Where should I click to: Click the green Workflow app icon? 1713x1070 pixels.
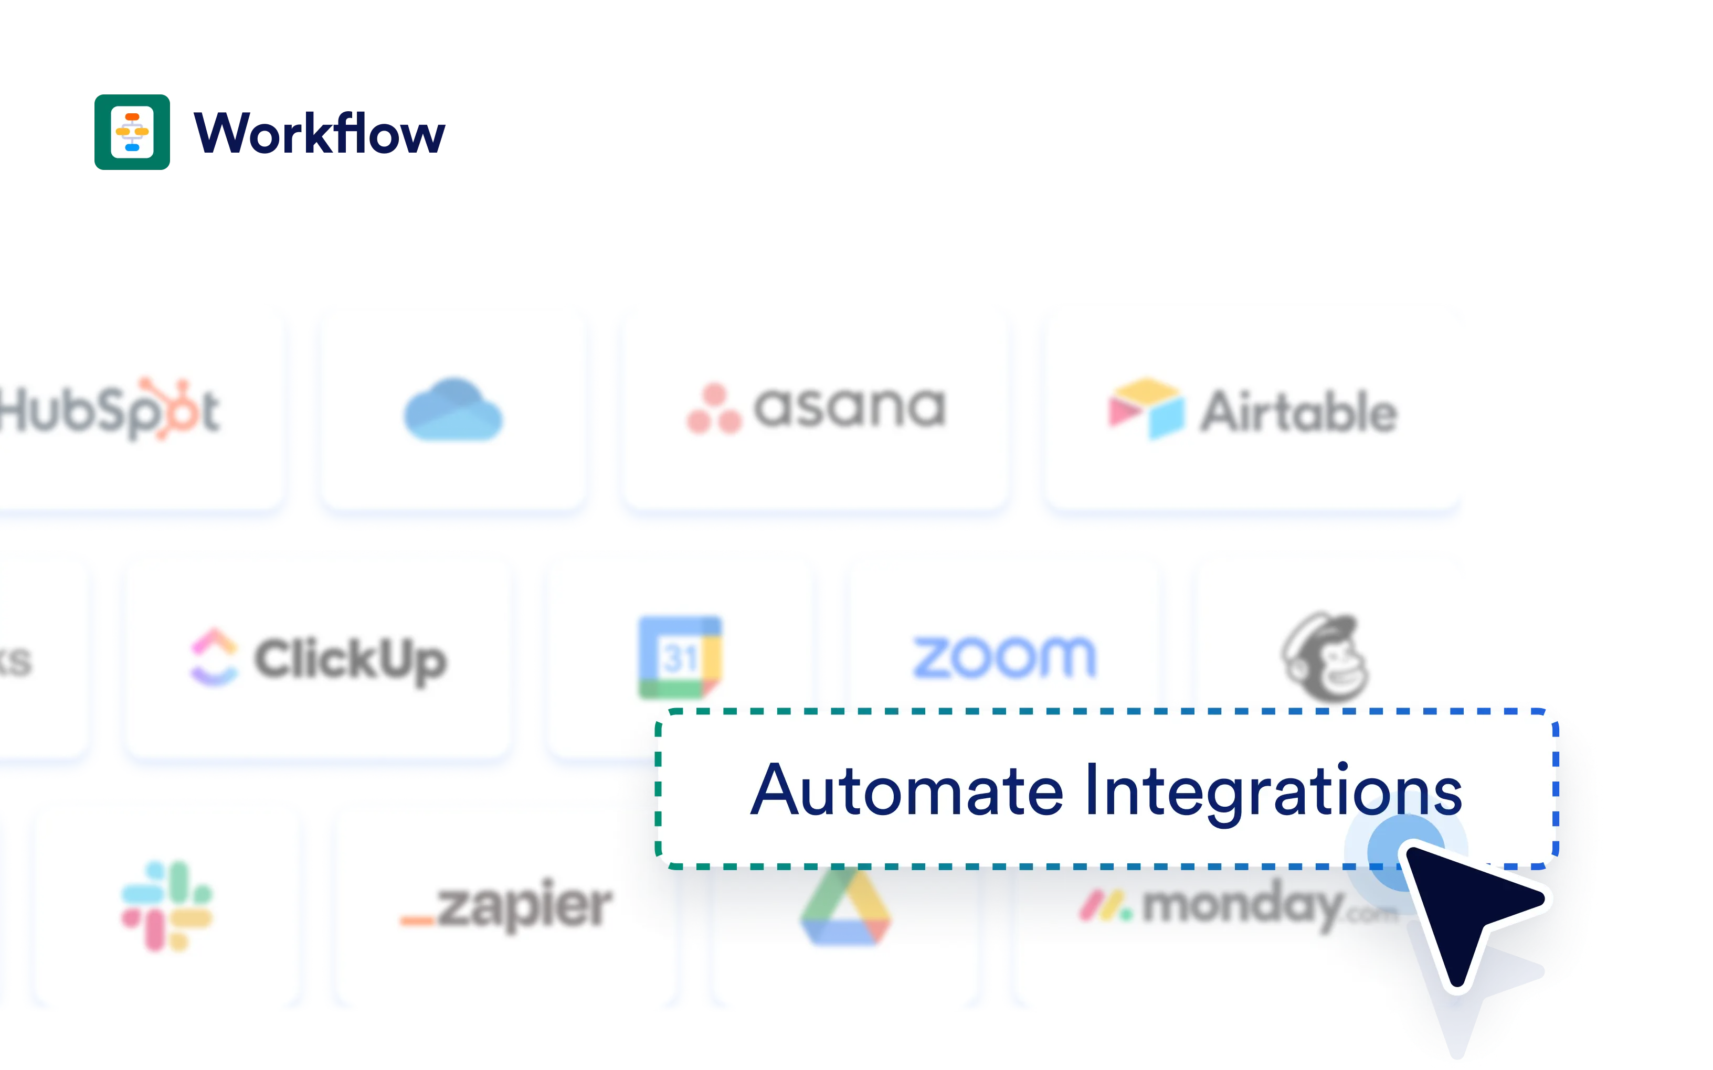[132, 132]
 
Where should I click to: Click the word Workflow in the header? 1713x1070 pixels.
[320, 133]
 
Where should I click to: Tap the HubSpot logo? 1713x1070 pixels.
[110, 410]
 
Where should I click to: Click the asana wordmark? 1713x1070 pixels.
[850, 408]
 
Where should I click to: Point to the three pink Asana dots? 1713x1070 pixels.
[714, 410]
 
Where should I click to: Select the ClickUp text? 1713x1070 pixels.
[351, 659]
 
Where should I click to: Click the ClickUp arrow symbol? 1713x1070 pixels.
[214, 657]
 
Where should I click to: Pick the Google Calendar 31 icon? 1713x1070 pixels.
[680, 657]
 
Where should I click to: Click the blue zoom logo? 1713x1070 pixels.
[1004, 657]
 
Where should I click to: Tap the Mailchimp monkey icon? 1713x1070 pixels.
[1325, 657]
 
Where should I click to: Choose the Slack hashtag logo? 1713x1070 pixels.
[167, 906]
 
